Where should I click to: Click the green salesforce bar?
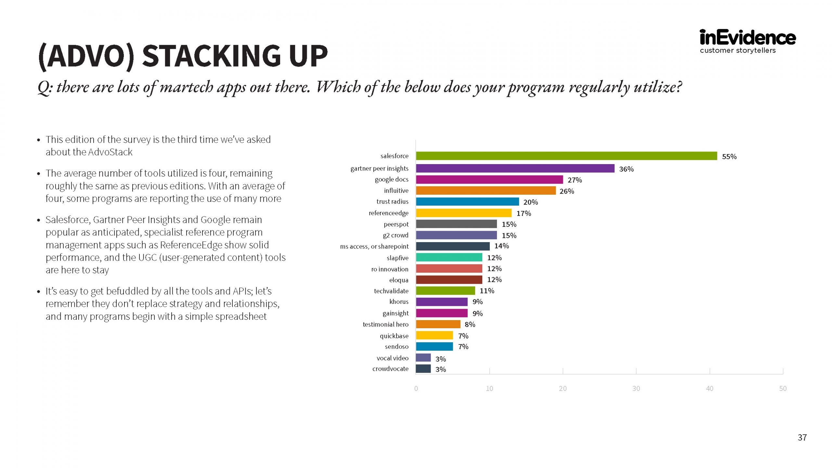tap(566, 156)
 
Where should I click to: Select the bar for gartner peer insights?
tap(515, 168)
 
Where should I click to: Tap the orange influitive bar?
tap(486, 190)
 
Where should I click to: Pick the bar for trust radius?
tap(467, 201)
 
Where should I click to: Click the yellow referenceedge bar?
tap(463, 213)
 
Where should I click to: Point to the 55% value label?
tap(729, 157)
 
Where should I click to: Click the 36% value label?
tap(626, 169)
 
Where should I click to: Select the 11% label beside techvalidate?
tap(487, 291)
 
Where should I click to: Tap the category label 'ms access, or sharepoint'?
tap(374, 246)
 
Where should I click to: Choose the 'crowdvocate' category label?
tap(390, 369)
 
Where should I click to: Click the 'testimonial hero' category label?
tap(385, 324)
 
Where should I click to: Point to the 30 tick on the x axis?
tap(636, 389)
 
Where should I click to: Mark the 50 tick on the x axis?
tap(783, 389)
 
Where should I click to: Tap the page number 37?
tap(802, 438)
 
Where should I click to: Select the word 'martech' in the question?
tap(186, 87)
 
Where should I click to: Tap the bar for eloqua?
tap(449, 280)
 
